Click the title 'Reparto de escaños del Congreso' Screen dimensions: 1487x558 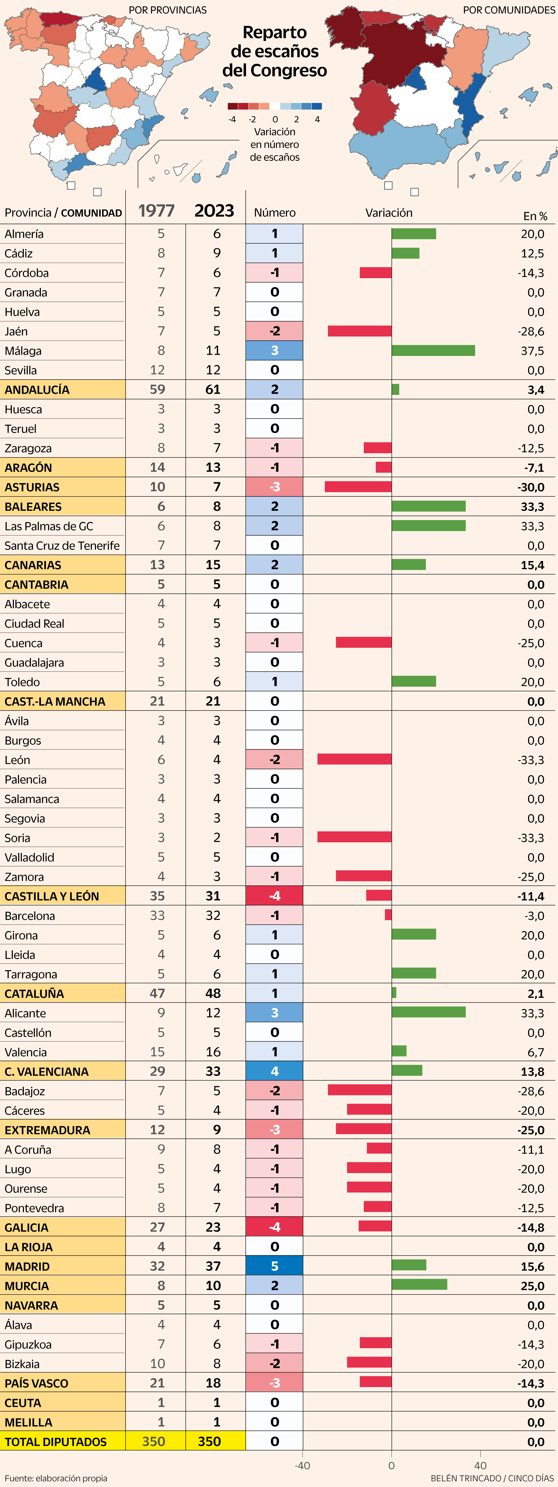pos(275,51)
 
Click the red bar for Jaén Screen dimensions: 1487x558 pos(360,331)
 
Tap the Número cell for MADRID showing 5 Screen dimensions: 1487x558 pos(275,1266)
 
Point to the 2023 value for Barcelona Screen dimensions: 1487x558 pos(213,916)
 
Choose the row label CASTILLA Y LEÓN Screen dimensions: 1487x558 pos(52,896)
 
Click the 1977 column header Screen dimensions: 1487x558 pos(156,211)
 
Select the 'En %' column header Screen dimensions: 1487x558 pos(535,216)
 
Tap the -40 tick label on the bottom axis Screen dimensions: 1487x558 pos(302,1465)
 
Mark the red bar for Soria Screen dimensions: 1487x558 pos(354,837)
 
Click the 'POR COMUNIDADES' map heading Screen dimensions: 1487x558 pos(509,10)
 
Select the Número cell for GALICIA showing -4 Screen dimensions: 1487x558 pos(275,1227)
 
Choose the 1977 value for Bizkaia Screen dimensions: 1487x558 pos(158,1363)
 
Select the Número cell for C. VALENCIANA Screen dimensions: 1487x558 pos(275,1071)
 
